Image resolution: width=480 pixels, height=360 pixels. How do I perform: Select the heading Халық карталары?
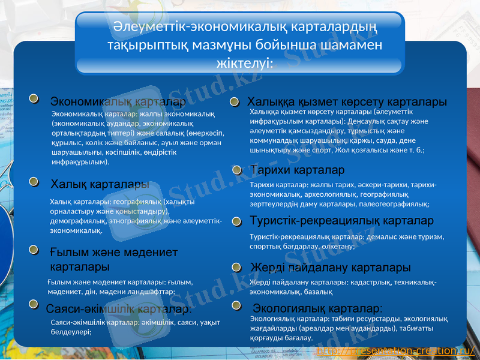pos(100,184)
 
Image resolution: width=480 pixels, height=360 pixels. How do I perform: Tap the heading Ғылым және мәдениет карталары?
pos(114,259)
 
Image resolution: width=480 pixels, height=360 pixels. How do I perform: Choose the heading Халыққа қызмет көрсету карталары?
pos(347,101)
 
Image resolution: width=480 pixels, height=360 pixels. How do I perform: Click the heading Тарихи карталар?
pos(297,170)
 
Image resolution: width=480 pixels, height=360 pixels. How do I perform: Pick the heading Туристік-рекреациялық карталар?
pos(341,221)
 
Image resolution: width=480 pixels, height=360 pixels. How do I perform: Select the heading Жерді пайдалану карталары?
pos(330,267)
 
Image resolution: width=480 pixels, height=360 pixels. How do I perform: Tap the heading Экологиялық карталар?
pos(317,308)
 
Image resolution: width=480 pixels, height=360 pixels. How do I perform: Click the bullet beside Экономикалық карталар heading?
pos(35,98)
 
